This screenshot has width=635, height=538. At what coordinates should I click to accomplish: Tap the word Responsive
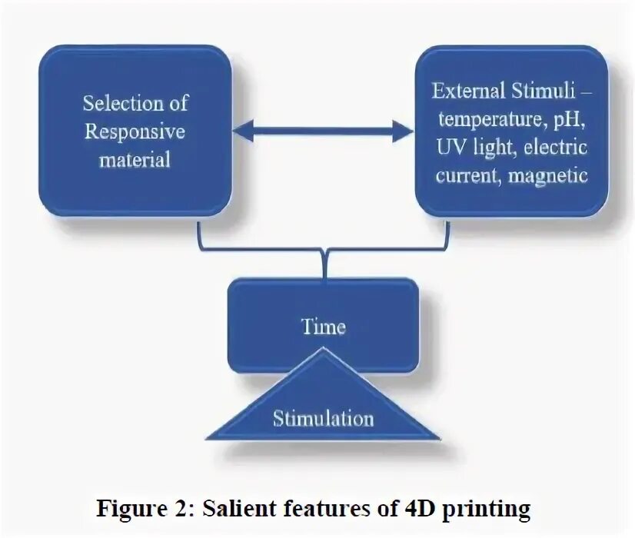point(135,131)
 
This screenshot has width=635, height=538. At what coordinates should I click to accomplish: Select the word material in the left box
point(135,160)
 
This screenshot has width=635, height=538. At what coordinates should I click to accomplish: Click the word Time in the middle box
point(323,327)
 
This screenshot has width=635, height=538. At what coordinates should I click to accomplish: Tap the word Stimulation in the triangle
point(323,419)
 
